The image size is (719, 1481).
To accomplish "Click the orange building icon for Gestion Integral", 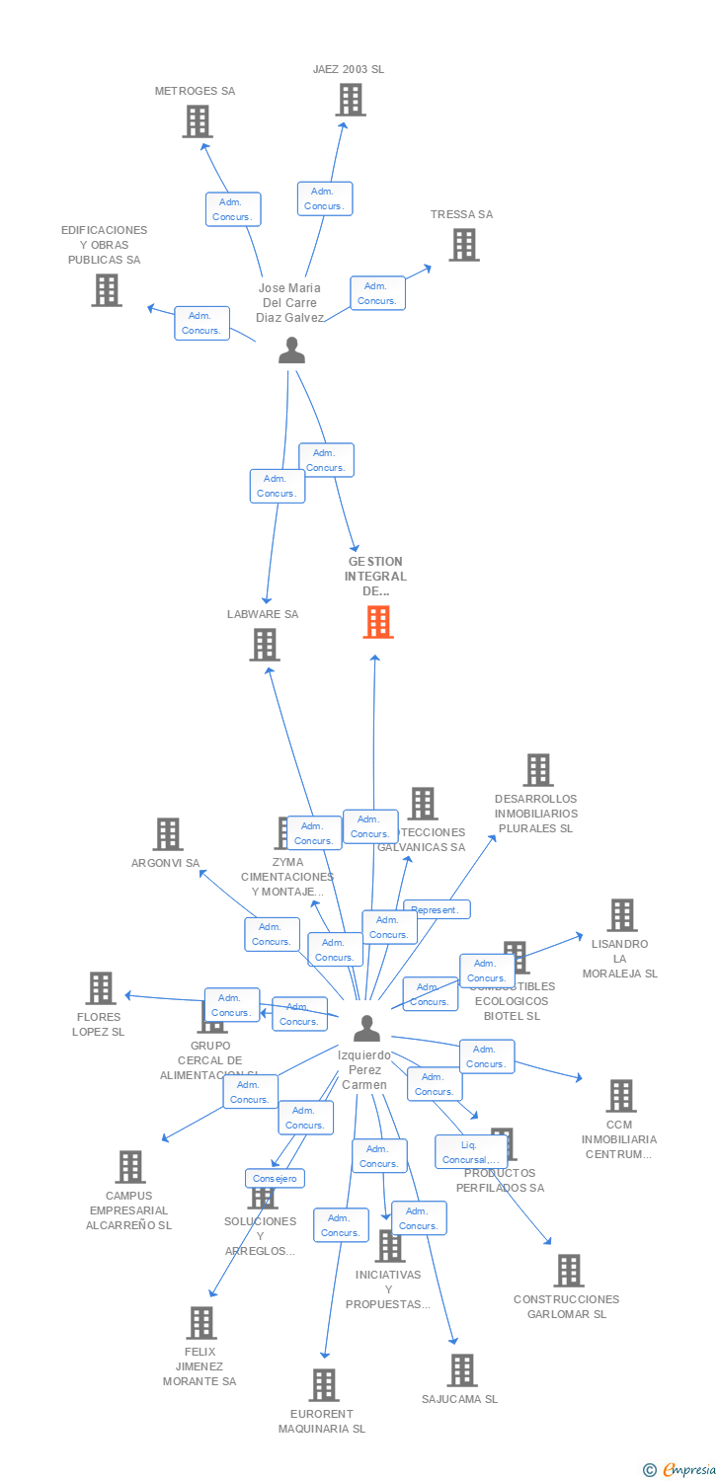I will pos(377,622).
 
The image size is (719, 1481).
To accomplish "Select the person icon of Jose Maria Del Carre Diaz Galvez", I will pos(291,351).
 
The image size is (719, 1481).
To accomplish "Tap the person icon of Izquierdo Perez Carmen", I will pos(366,1029).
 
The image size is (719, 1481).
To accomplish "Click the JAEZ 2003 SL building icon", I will pos(350,100).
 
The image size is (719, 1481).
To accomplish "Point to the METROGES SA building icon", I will pos(198,121).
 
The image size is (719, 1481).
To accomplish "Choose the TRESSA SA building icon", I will pos(463,245).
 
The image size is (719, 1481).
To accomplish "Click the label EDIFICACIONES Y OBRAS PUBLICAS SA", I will pos(104,245).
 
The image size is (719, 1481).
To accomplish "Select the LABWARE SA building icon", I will pos(264,645).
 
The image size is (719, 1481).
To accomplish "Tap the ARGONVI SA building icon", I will pos(167,834).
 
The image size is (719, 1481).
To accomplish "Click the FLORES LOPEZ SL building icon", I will pos(100,988).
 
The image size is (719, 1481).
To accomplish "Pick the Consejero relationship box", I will pos(276,1178).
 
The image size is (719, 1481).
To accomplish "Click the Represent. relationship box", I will pos(436,909).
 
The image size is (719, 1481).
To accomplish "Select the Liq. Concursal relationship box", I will pos(470,1151).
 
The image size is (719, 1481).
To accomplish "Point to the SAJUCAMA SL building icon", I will pos(461,1370).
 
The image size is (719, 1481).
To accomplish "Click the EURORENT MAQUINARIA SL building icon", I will pos(323,1385).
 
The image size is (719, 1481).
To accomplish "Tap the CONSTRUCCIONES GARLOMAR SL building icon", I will pos(568,1271).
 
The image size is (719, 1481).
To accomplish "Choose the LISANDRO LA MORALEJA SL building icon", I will pos(621,915).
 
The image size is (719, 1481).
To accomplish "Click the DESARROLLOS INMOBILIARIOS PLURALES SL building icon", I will pos(537,770).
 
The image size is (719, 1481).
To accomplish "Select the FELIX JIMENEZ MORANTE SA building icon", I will pos(200,1323).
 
